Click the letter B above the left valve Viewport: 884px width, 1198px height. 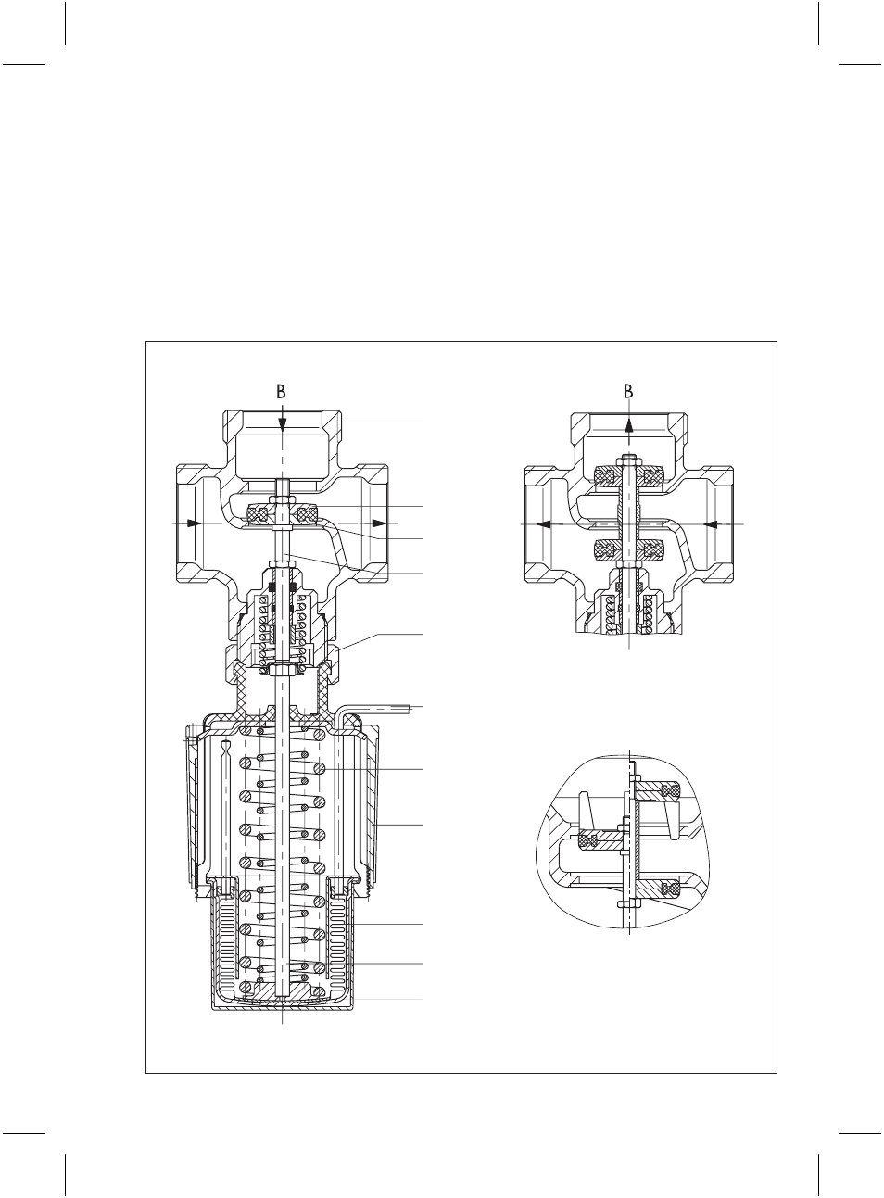[281, 392]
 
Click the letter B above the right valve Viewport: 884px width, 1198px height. [628, 392]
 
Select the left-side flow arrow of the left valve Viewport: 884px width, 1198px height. [194, 523]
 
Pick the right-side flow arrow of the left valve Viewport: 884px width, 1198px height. [379, 523]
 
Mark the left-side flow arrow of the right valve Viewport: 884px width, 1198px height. [546, 523]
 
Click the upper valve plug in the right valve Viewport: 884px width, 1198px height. [629, 475]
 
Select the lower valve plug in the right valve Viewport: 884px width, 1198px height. [629, 550]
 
